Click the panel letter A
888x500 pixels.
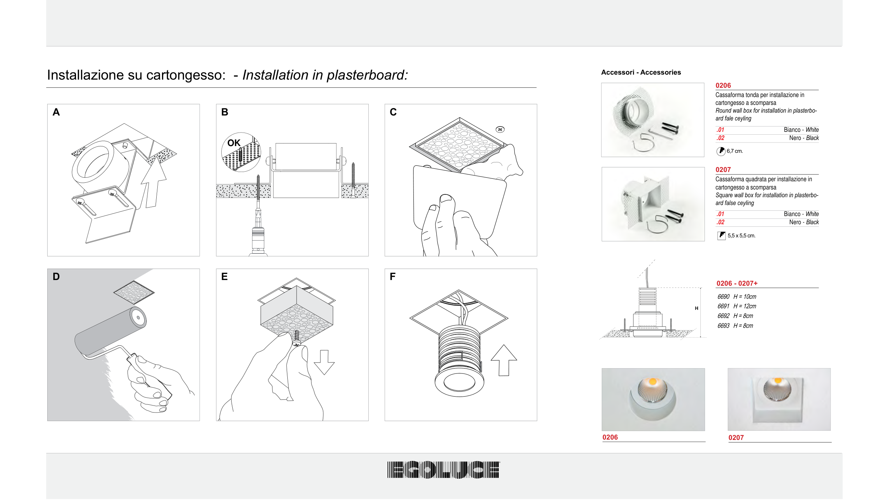tap(56, 112)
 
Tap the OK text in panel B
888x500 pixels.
tap(234, 143)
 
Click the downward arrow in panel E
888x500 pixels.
tap(324, 362)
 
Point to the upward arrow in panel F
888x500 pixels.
tap(504, 360)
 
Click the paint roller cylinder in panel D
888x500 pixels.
tap(110, 331)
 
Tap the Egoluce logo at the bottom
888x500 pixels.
tap(443, 470)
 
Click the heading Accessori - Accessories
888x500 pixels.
tap(641, 72)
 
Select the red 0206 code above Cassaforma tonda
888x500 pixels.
tap(723, 86)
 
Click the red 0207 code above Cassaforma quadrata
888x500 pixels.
tap(723, 170)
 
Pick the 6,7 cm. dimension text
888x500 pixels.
tap(735, 151)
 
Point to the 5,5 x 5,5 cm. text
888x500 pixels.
tap(741, 236)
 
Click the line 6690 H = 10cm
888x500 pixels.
tap(737, 297)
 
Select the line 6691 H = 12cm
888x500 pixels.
tap(737, 306)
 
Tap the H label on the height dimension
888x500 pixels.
tap(697, 308)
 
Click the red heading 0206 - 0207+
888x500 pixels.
tap(737, 284)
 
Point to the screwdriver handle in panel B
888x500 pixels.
tap(258, 242)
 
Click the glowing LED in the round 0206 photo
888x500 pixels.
tap(653, 382)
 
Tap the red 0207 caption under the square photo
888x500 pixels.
tap(736, 438)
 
